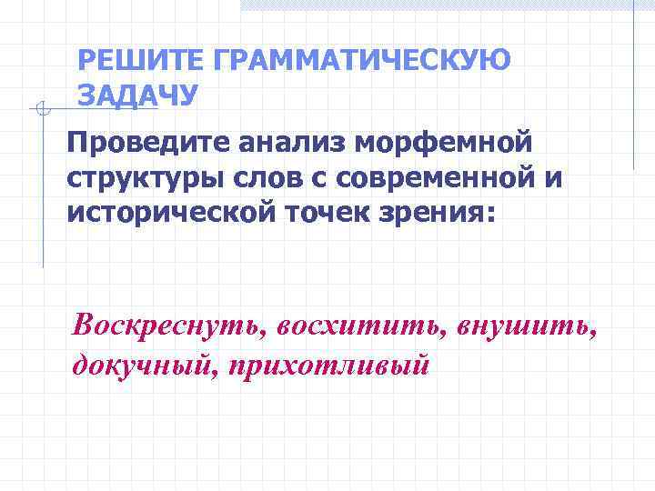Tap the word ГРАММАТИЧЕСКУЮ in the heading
pyautogui.click(x=362, y=61)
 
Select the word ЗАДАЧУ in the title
pyautogui.click(x=137, y=95)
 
